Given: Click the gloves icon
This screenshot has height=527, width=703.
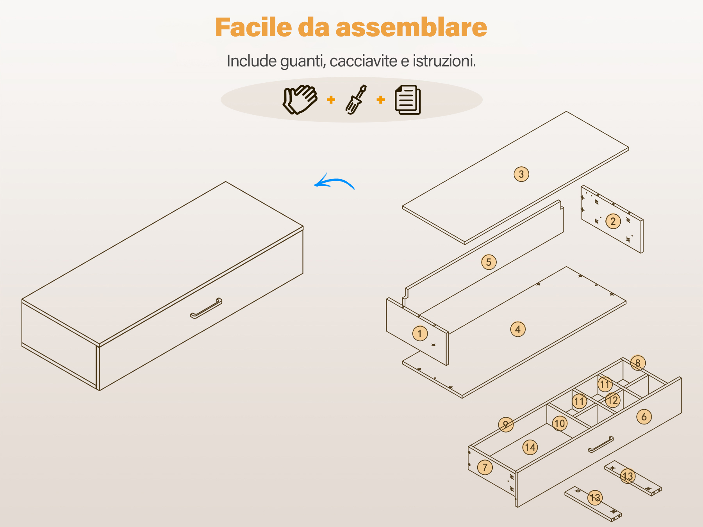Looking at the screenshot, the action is click(300, 100).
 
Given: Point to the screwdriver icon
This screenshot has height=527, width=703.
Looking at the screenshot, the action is click(356, 100).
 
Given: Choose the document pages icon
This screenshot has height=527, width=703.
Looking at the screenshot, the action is click(408, 100).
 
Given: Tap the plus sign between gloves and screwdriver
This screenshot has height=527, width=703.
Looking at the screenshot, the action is click(331, 100).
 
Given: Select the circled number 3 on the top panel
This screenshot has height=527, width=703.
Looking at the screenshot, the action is click(521, 174).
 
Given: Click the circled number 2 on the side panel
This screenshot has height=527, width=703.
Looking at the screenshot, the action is click(613, 221).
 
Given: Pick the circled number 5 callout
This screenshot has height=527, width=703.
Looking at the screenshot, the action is click(489, 262).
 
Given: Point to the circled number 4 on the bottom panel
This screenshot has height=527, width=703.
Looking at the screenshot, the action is click(518, 329).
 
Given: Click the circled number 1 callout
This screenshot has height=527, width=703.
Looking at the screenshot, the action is click(420, 333).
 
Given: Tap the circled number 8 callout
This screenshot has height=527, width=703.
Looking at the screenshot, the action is click(638, 363).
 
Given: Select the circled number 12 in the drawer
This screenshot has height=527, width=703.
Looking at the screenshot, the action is click(612, 400).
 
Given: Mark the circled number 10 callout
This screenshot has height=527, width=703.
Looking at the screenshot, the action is click(560, 423).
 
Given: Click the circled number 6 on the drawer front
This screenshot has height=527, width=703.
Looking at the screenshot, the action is click(644, 417).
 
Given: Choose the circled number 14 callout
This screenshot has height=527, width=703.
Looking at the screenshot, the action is click(530, 447).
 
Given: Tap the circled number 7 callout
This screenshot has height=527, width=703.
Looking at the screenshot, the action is click(485, 467).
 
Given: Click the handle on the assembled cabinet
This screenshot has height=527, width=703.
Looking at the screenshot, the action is click(206, 308).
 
